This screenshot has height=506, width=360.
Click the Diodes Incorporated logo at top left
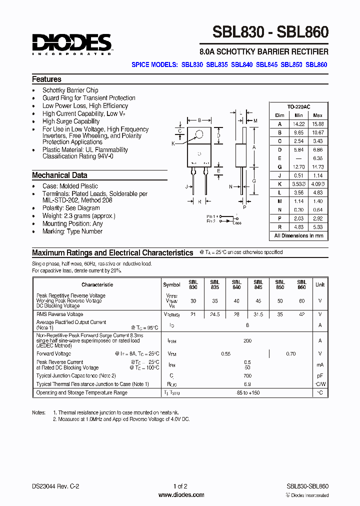point(71,44)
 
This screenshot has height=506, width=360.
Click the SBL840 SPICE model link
point(242,64)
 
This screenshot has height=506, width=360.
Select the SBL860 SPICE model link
point(316,64)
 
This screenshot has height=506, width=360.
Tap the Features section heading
point(46,79)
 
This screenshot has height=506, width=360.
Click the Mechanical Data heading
point(59,175)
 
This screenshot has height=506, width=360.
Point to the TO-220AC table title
point(298,107)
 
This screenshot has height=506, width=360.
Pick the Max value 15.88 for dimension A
point(317,123)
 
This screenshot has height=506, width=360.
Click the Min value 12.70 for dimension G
point(298,167)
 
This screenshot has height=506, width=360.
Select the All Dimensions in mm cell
point(298,235)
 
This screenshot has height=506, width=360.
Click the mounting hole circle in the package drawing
point(200,134)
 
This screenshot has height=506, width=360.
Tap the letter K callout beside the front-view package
point(173,143)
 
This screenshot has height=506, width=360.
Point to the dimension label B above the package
point(199,120)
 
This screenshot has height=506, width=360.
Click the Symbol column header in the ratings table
point(171,284)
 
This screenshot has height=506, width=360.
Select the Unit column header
point(319,284)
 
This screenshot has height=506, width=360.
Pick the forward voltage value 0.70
point(290,354)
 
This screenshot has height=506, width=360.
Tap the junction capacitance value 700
point(247,375)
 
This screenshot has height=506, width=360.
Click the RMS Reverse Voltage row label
point(59,314)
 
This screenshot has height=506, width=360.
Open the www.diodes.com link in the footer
point(181,495)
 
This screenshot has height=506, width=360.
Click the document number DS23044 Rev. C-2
point(55,486)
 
